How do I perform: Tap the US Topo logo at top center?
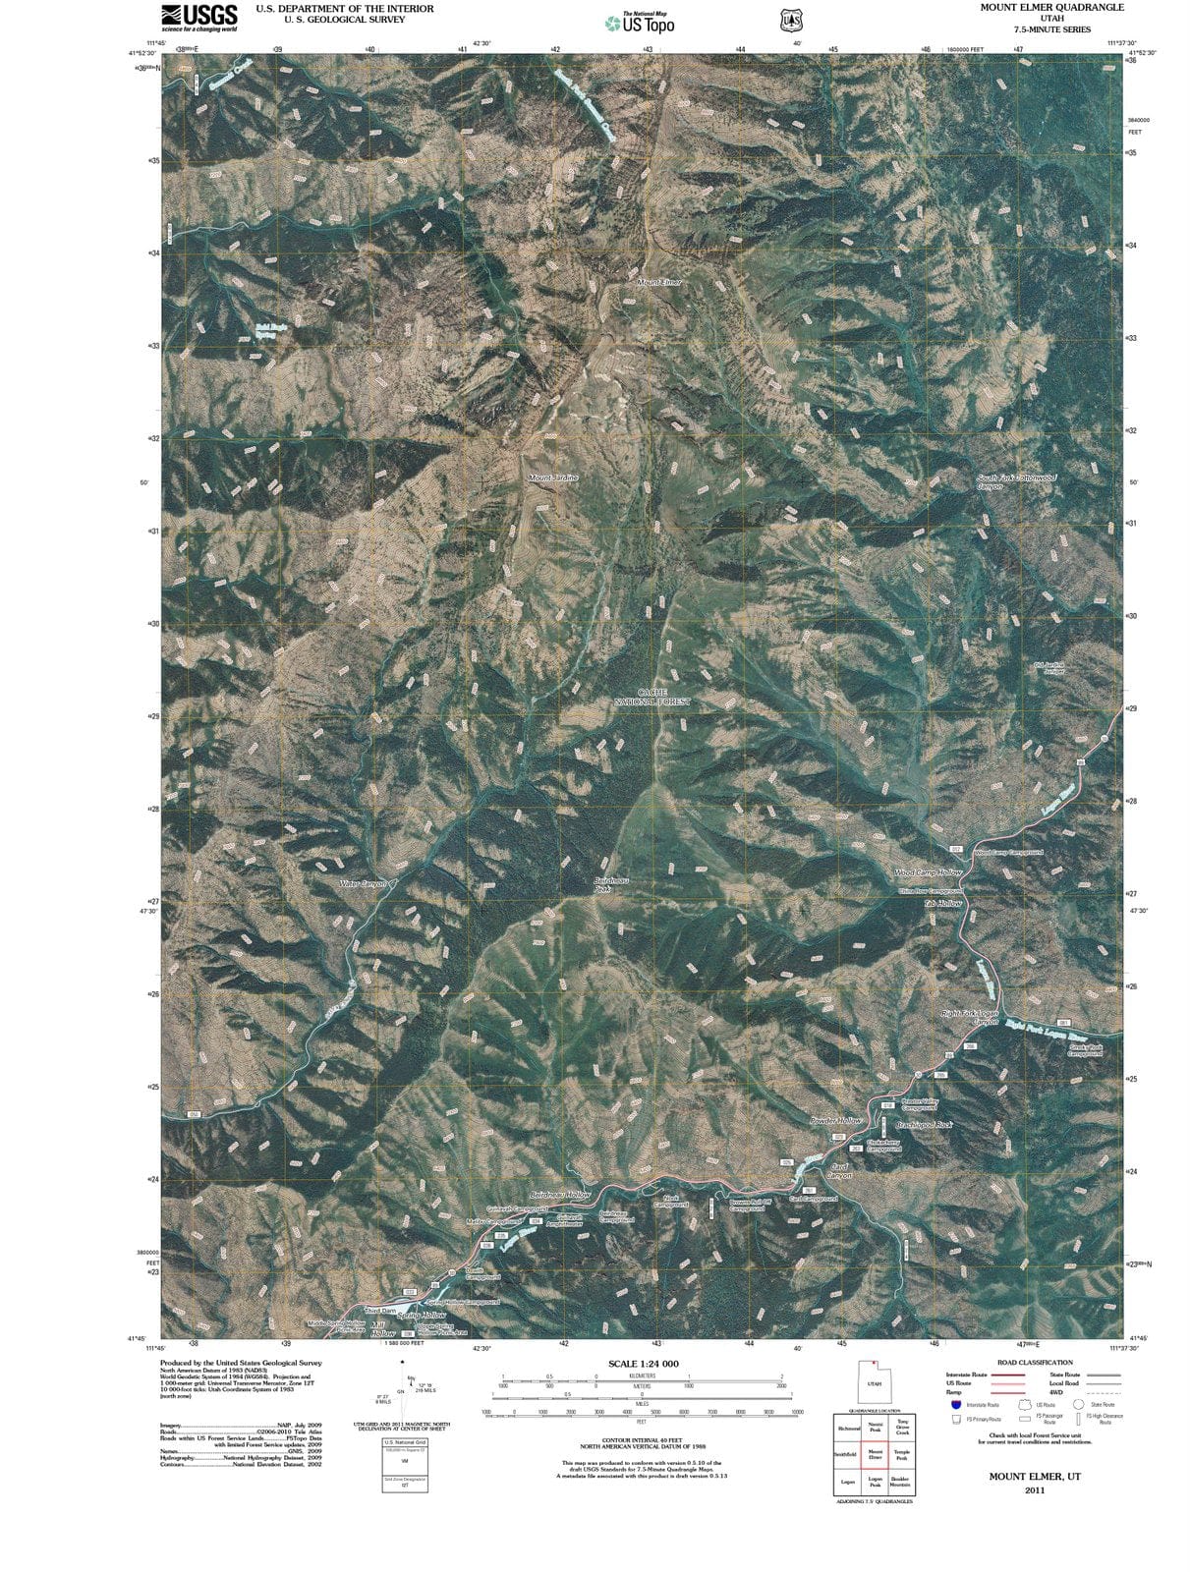(640, 23)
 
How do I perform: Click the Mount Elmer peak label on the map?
(659, 283)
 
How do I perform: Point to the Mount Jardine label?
(553, 477)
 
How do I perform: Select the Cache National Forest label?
(652, 698)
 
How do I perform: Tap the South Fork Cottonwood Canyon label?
(1017, 482)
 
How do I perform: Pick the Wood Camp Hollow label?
(929, 872)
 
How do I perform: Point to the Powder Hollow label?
(836, 1121)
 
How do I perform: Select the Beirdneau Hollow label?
(561, 1195)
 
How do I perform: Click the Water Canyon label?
(364, 884)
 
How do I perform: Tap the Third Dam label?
(379, 1311)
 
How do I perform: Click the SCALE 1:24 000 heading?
(644, 1364)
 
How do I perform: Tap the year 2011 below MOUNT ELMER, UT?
(1034, 1489)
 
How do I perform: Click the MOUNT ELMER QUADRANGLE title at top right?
(1051, 7)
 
